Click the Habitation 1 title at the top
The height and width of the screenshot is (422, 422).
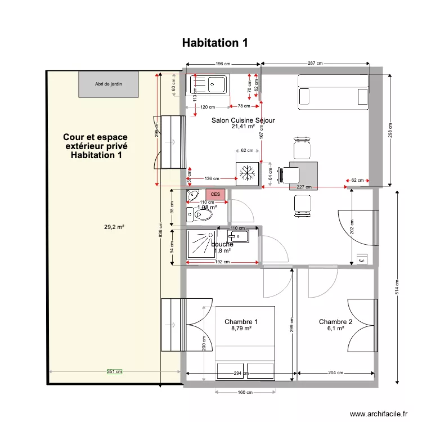click(x=215, y=43)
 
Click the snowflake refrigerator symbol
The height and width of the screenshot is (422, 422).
click(x=247, y=173)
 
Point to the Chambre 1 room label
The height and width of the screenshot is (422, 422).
click(x=241, y=322)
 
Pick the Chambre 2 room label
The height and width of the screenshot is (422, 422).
click(x=335, y=322)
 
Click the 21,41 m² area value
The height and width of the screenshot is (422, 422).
click(x=243, y=127)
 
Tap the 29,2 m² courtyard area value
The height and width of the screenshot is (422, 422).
click(x=114, y=227)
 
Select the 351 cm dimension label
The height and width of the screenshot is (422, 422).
click(x=115, y=371)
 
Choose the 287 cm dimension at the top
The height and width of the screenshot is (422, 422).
click(x=315, y=64)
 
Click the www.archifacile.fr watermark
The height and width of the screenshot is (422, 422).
click(x=379, y=414)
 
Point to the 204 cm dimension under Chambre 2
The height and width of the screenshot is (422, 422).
click(x=335, y=373)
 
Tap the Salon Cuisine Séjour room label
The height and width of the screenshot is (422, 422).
click(x=243, y=120)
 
